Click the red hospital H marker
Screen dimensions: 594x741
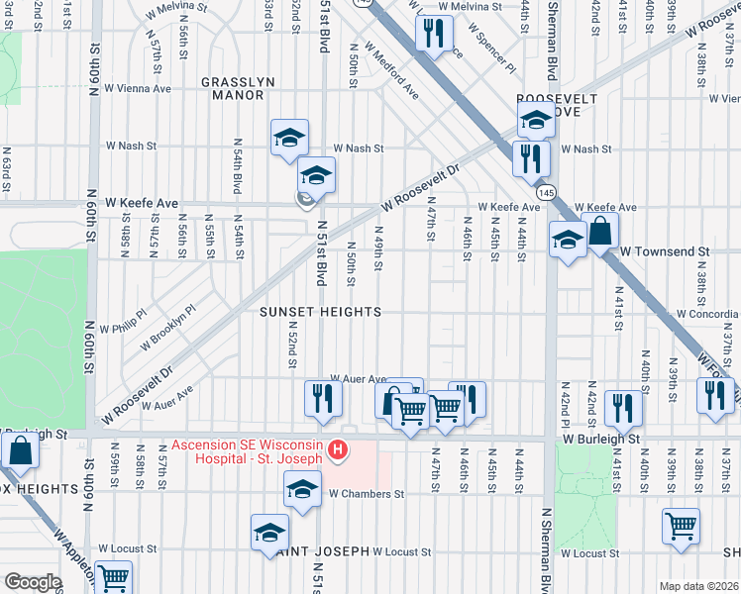(x=338, y=451)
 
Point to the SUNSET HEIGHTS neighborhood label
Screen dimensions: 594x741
(x=320, y=312)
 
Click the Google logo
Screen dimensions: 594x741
(x=32, y=582)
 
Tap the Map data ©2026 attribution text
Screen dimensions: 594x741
(x=698, y=586)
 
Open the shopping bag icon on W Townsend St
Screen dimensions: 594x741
(x=600, y=232)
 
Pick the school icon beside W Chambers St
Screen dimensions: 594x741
(x=303, y=488)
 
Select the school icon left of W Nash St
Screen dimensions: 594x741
(x=289, y=137)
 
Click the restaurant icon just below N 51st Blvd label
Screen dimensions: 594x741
(x=322, y=397)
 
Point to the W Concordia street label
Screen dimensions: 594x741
(x=707, y=314)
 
